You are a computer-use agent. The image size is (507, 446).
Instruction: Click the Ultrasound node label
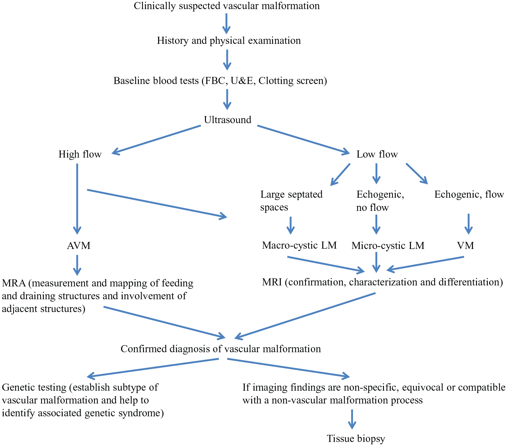[228, 120]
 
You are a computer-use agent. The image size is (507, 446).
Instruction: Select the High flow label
[80, 154]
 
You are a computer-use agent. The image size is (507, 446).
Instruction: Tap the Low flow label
[377, 154]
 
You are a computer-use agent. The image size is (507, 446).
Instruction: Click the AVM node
[79, 245]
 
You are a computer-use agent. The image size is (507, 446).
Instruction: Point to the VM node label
[466, 245]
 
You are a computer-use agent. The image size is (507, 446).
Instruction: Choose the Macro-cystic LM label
[299, 245]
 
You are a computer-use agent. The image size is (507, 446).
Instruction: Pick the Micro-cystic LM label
[388, 245]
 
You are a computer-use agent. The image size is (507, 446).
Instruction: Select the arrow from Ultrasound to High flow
[156, 139]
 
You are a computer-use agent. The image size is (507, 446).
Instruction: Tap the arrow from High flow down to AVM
[77, 199]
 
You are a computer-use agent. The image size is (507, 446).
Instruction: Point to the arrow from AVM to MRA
[77, 265]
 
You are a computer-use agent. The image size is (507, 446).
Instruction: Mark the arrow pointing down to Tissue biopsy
[352, 419]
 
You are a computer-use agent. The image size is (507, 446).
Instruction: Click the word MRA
[14, 283]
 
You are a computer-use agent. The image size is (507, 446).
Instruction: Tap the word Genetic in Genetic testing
[18, 387]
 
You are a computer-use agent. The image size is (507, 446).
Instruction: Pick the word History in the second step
[173, 41]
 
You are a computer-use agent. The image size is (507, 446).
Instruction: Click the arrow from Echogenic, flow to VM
[469, 224]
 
